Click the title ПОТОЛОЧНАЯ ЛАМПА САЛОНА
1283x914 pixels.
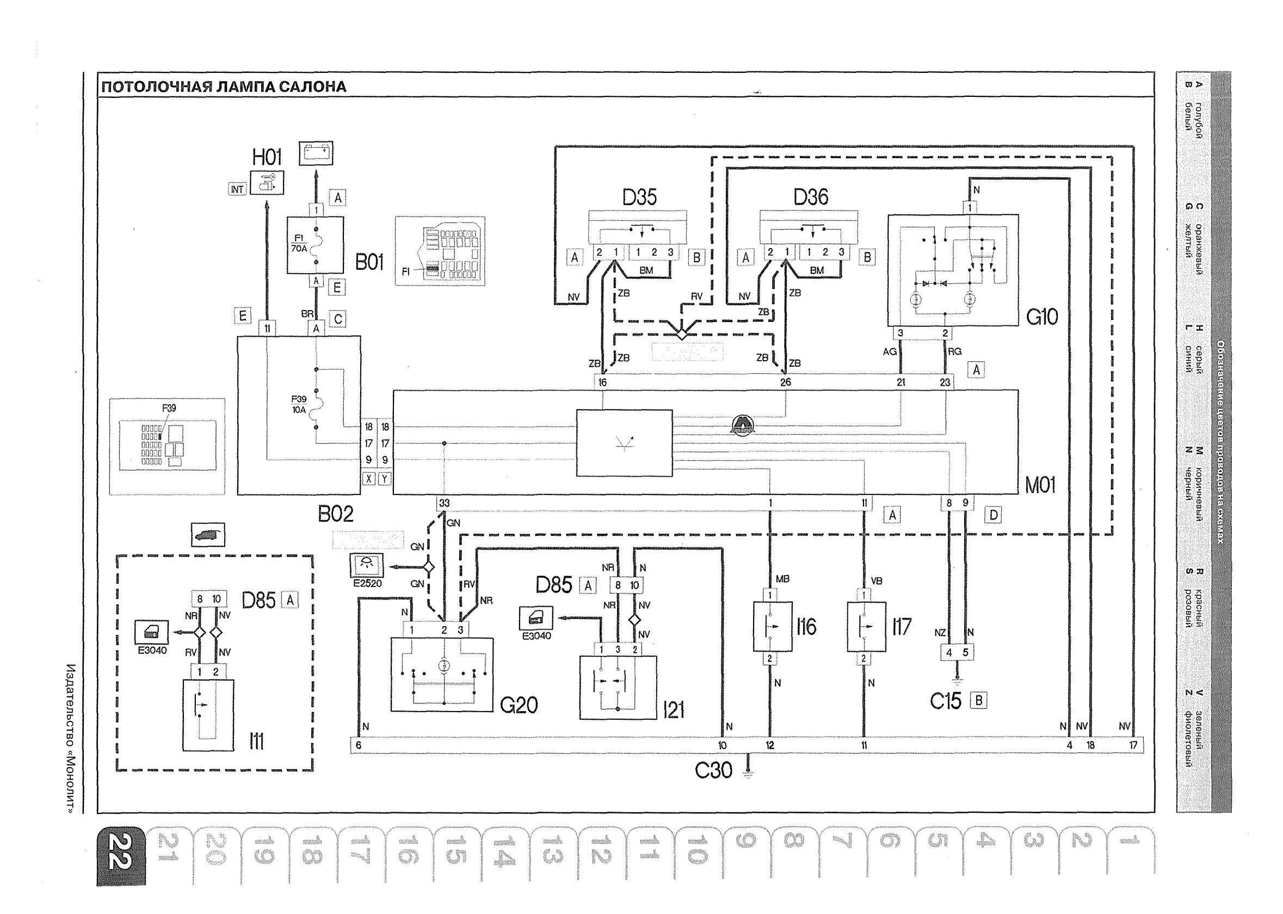pos(224,87)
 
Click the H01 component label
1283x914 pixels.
pos(267,157)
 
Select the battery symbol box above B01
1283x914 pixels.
pos(316,152)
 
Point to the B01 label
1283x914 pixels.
pos(369,262)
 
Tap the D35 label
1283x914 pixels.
pos(639,197)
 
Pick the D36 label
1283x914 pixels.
pos(810,197)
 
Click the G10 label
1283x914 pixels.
pos(1041,317)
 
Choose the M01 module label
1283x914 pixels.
pos(1040,485)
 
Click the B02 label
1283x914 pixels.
pos(335,513)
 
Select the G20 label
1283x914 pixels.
pos(519,705)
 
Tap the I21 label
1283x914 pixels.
pos(674,711)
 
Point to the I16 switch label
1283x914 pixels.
pos(806,627)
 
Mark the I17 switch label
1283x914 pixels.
pos(902,627)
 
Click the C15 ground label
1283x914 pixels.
pos(945,701)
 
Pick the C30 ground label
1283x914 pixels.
pos(713,770)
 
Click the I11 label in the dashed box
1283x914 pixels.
pos(256,743)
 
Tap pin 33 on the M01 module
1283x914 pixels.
pos(444,503)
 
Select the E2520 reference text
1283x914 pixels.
pos(367,583)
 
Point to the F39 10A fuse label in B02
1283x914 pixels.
pos(298,404)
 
